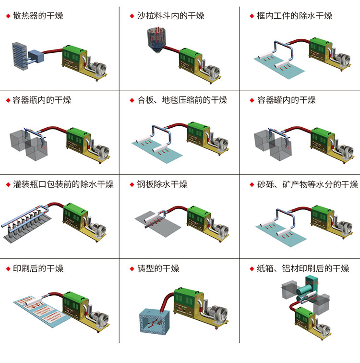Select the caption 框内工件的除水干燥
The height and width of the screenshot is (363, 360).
click(295, 16)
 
